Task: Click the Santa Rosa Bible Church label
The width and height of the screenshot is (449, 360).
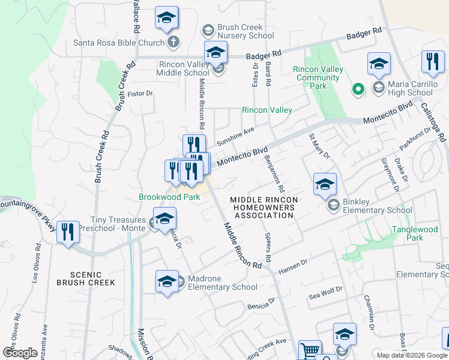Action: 118,43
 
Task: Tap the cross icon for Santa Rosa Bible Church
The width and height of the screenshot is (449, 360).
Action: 173,43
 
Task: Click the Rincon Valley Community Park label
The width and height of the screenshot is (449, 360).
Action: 318,77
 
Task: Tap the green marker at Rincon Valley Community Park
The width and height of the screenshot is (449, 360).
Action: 358,89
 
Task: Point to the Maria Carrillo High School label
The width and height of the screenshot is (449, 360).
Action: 410,88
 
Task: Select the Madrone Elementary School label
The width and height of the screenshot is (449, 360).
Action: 222,283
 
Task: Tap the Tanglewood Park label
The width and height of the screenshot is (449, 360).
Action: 415,233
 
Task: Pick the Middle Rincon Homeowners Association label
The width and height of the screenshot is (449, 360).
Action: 264,208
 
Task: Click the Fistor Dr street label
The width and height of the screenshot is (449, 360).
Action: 140,94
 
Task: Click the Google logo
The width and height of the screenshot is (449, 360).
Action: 20,353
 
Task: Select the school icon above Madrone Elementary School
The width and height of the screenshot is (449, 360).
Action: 167,281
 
